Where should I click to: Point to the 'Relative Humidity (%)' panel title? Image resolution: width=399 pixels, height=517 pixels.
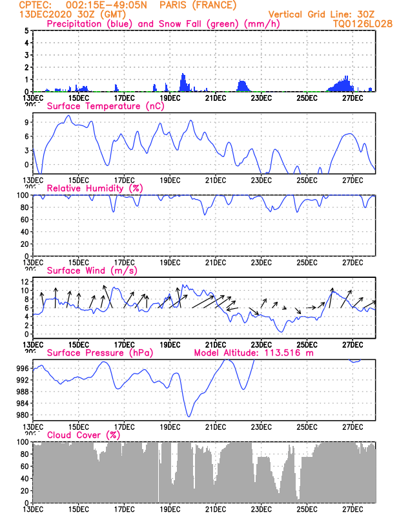pyautogui.click(x=94, y=188)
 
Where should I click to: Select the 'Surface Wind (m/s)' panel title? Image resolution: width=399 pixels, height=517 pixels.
pyautogui.click(x=90, y=271)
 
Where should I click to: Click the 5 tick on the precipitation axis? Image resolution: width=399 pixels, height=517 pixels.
pyautogui.click(x=26, y=30)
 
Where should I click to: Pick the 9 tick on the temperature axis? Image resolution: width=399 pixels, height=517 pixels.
pyautogui.click(x=26, y=122)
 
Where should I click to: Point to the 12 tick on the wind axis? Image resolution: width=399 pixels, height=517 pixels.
pyautogui.click(x=24, y=282)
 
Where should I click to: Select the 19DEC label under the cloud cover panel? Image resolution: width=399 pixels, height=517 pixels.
pyautogui.click(x=170, y=509)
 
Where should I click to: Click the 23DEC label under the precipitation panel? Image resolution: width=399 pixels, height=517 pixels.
pyautogui.click(x=261, y=98)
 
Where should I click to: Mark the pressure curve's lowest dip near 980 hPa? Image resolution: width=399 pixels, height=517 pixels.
pyautogui.click(x=189, y=416)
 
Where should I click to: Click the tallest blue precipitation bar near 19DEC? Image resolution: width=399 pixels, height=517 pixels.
pyautogui.click(x=183, y=75)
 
